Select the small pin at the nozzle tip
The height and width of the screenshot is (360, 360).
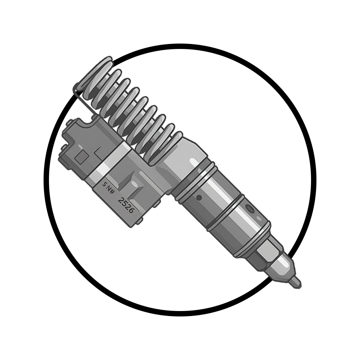296,283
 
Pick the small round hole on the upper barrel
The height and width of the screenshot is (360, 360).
198,197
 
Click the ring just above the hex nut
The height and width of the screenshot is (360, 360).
252,239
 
